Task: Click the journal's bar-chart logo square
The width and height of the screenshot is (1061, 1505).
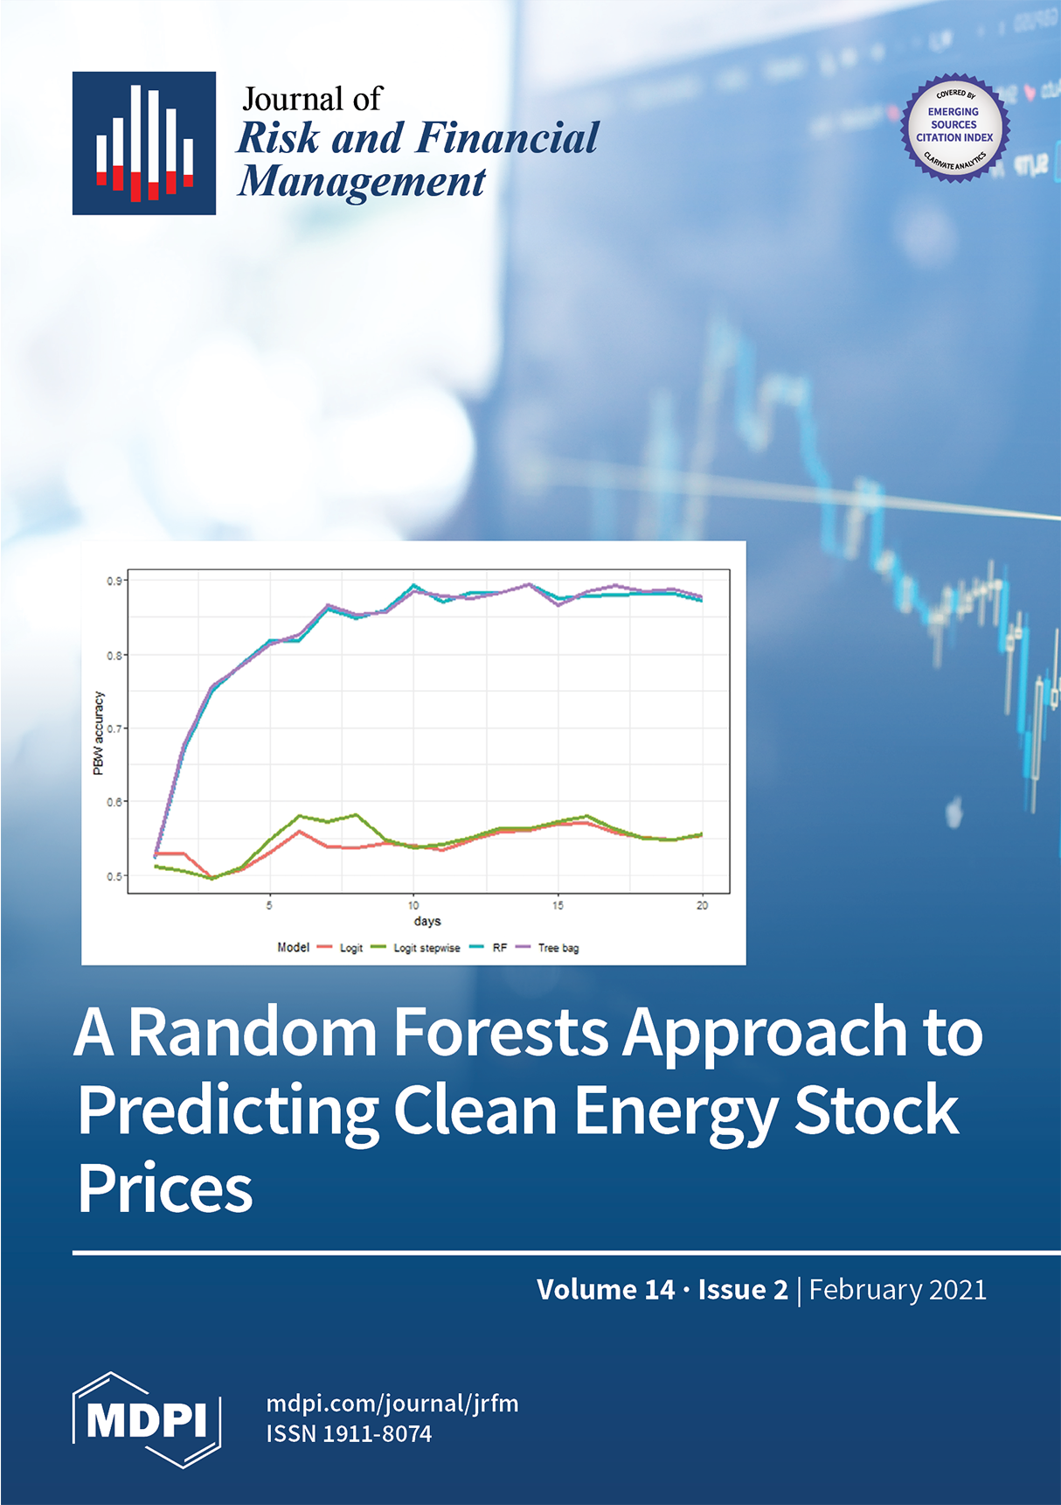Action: pos(144,143)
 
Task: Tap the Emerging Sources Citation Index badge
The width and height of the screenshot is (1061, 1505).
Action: pos(955,128)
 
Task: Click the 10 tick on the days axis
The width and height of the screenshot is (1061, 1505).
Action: pos(413,905)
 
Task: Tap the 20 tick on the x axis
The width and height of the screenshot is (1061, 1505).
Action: pos(702,905)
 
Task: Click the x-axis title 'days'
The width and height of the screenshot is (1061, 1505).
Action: pos(427,921)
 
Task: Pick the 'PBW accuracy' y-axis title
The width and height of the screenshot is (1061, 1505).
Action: pos(99,733)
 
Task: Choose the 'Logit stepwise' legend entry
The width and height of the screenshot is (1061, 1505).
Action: pos(415,948)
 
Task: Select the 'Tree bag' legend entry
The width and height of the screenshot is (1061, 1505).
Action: pos(547,948)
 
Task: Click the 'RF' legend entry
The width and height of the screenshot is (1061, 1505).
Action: pos(489,948)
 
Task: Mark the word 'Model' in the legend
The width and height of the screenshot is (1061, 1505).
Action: pos(294,947)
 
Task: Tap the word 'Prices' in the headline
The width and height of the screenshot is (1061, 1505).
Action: pos(165,1188)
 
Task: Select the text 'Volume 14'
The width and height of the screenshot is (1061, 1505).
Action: pos(606,1290)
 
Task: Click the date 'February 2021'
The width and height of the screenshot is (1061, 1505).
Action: pos(898,1290)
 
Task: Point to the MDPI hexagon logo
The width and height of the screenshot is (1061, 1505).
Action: pos(147,1420)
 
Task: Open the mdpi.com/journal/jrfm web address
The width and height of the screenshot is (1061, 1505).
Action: pos(392,1404)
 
